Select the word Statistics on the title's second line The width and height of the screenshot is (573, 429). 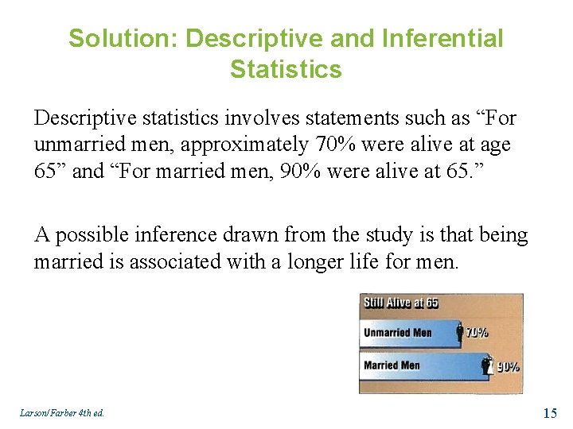tap(286, 69)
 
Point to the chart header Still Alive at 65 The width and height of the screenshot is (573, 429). tap(401, 303)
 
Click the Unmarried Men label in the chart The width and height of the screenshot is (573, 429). tap(397, 332)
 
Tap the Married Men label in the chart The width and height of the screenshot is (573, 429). tap(391, 365)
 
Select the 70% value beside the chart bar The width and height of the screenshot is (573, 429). tap(477, 334)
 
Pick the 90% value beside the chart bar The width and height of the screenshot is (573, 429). tap(508, 366)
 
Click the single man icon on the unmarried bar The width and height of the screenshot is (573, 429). tap(460, 334)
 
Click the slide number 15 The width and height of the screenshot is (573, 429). tap(550, 412)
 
